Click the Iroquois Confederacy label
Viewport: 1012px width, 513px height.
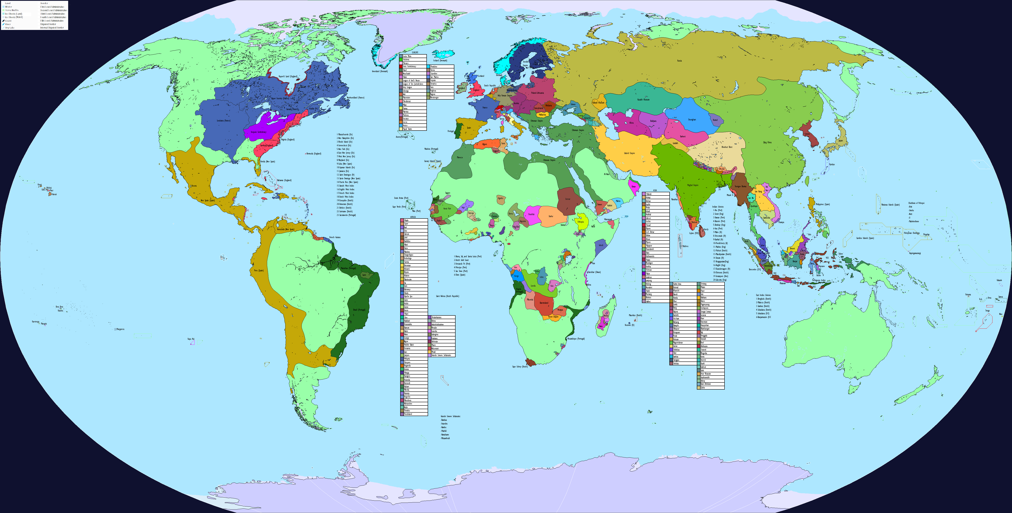pos(259,132)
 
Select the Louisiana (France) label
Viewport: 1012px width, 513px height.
pos(224,121)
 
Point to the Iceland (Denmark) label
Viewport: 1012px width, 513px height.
pos(440,60)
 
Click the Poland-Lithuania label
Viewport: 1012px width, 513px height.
pos(537,93)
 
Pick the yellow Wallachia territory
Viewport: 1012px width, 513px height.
pos(542,115)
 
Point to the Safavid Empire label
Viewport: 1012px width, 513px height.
pos(629,153)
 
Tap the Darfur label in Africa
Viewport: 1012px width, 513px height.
pos(551,216)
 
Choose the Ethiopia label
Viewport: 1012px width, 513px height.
pos(580,222)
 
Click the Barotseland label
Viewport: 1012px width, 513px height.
pos(544,303)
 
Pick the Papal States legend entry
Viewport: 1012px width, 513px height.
pos(407,129)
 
